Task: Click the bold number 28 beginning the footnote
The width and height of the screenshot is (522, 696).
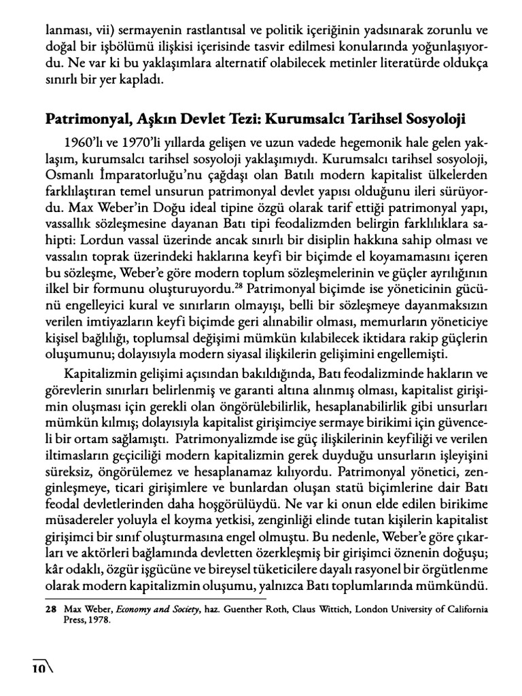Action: point(51,600)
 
